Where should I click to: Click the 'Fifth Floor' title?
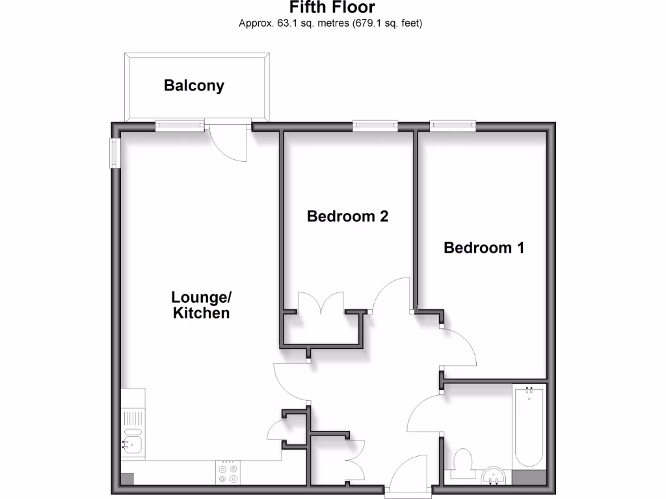(332, 8)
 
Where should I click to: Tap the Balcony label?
(194, 85)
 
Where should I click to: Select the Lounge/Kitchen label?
(201, 305)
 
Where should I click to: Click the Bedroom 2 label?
(347, 216)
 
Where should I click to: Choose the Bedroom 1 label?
(484, 248)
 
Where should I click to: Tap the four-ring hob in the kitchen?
(228, 473)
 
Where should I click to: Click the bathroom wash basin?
(496, 476)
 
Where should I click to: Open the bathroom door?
(423, 416)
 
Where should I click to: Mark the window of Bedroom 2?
(375, 125)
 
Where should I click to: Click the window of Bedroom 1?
(453, 125)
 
